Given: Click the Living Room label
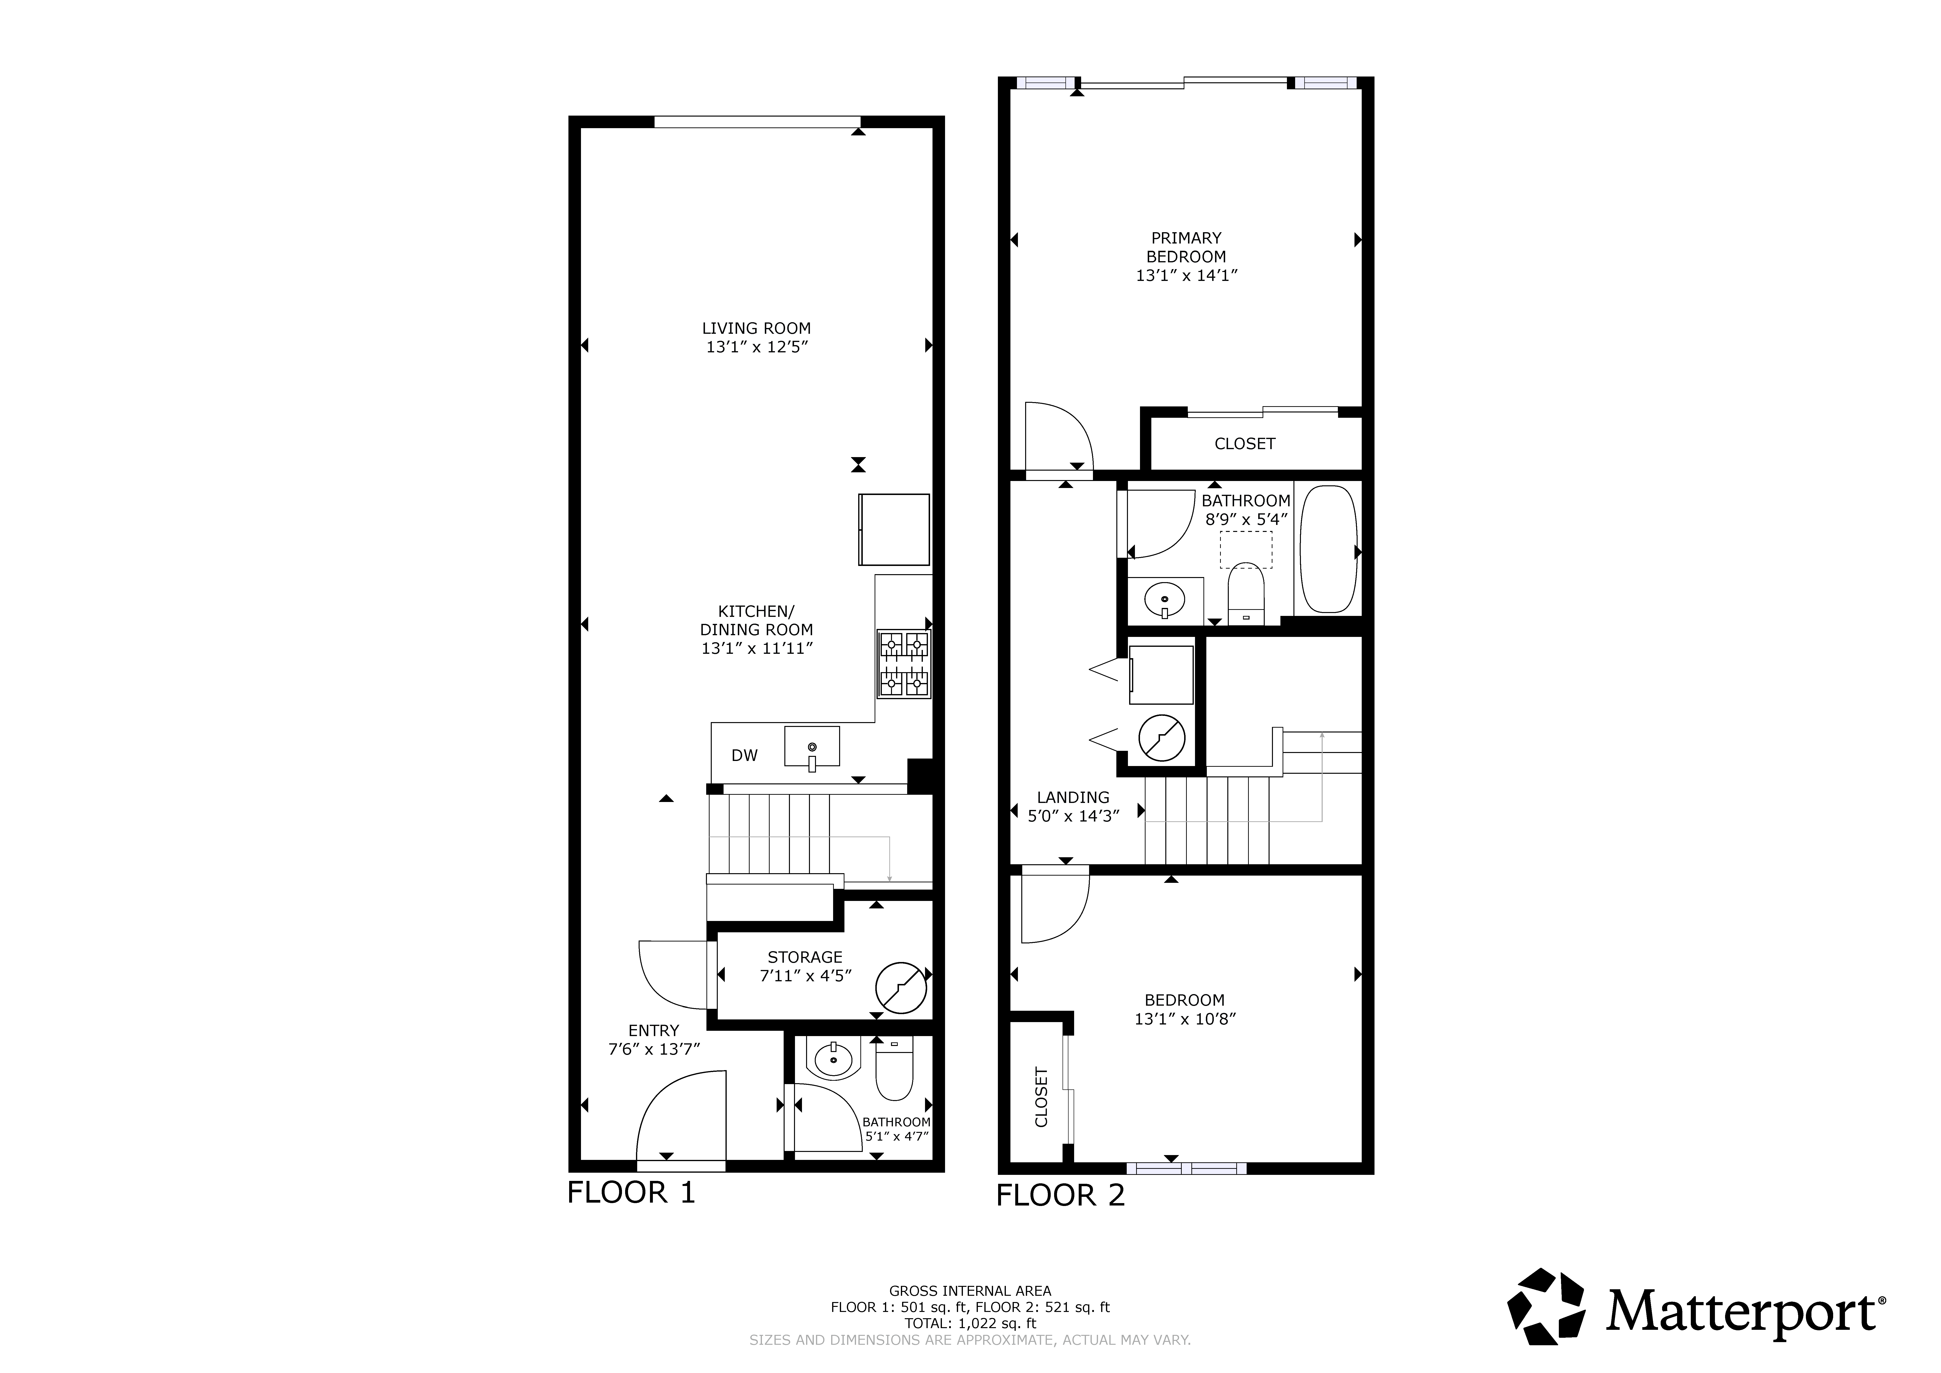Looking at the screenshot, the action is tap(757, 328).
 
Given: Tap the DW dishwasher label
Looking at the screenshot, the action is tap(745, 755).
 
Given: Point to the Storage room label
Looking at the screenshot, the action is tap(805, 957).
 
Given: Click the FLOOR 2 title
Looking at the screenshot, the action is tap(1061, 1195).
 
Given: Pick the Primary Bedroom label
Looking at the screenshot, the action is tap(1186, 247).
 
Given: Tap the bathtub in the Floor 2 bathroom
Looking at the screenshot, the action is tap(1328, 550).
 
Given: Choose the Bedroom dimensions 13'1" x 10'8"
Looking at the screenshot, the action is tap(1185, 1019).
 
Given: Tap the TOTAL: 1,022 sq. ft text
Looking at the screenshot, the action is tap(970, 1323).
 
